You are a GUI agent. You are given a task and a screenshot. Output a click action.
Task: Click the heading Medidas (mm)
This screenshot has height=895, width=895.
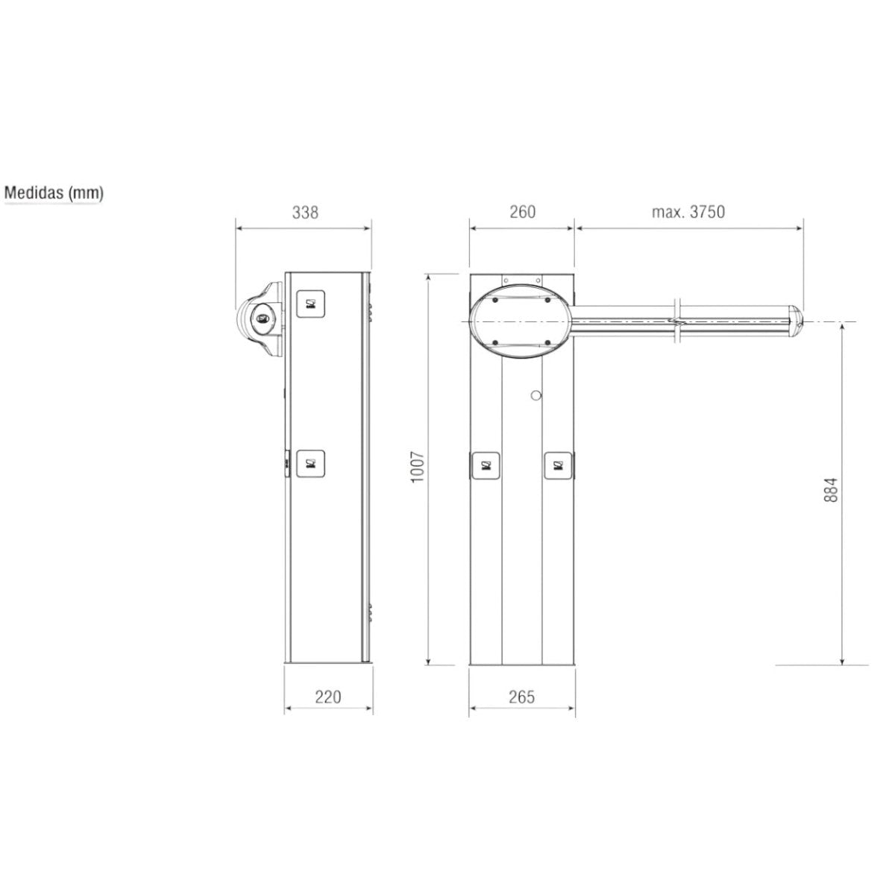pyautogui.click(x=54, y=192)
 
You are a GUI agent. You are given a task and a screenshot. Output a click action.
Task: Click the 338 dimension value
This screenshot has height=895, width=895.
pyautogui.click(x=305, y=213)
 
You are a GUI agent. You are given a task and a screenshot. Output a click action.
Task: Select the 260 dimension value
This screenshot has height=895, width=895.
pyautogui.click(x=522, y=213)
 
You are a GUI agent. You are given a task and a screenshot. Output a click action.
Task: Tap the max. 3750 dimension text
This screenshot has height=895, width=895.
pyautogui.click(x=688, y=213)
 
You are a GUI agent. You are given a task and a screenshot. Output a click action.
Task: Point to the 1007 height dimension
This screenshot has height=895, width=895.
pyautogui.click(x=418, y=467)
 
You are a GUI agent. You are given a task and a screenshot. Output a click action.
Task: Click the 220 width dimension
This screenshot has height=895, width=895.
pyautogui.click(x=327, y=697)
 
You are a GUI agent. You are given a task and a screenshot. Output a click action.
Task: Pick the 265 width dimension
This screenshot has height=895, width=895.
pyautogui.click(x=522, y=697)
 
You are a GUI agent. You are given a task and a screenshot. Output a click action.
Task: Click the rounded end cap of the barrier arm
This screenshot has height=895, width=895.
pyautogui.click(x=796, y=321)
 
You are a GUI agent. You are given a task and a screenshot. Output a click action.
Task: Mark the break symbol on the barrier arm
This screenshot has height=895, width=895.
pyautogui.click(x=676, y=322)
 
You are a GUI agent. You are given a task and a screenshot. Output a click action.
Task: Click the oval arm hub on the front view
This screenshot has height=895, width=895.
pyautogui.click(x=521, y=321)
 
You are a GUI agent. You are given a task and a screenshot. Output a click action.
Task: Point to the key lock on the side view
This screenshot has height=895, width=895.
pyautogui.click(x=262, y=319)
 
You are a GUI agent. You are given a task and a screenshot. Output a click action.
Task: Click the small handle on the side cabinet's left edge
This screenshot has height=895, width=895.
pyautogui.click(x=286, y=461)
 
